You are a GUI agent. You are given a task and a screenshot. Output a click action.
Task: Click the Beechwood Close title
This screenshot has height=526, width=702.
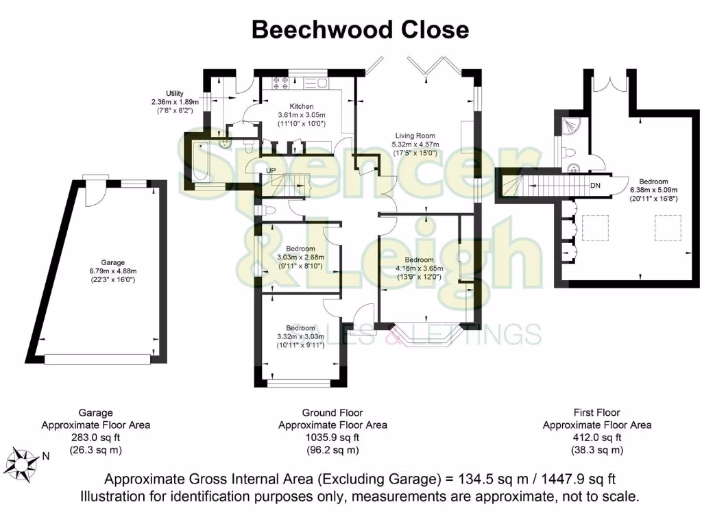[x=361, y=29]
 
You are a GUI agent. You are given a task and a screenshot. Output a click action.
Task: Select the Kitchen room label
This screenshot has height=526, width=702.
[x=301, y=106]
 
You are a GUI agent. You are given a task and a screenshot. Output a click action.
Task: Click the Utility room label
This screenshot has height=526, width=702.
[x=174, y=93]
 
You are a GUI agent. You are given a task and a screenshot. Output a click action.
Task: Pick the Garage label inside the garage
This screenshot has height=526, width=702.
[x=113, y=262]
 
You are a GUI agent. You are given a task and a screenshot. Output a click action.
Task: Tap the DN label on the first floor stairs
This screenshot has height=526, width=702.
[x=595, y=185]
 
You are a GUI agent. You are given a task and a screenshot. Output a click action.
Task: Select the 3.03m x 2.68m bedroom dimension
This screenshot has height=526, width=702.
[x=300, y=257]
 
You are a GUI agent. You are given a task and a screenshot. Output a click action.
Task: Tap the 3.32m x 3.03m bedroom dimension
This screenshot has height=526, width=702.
[x=300, y=336]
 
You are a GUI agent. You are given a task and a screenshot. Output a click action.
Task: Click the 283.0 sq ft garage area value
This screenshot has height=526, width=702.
[x=95, y=438]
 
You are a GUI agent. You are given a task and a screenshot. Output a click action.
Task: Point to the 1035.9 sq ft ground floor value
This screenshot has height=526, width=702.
[x=332, y=438]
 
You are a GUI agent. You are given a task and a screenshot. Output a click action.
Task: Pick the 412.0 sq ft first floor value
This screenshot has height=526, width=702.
[x=596, y=438]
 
